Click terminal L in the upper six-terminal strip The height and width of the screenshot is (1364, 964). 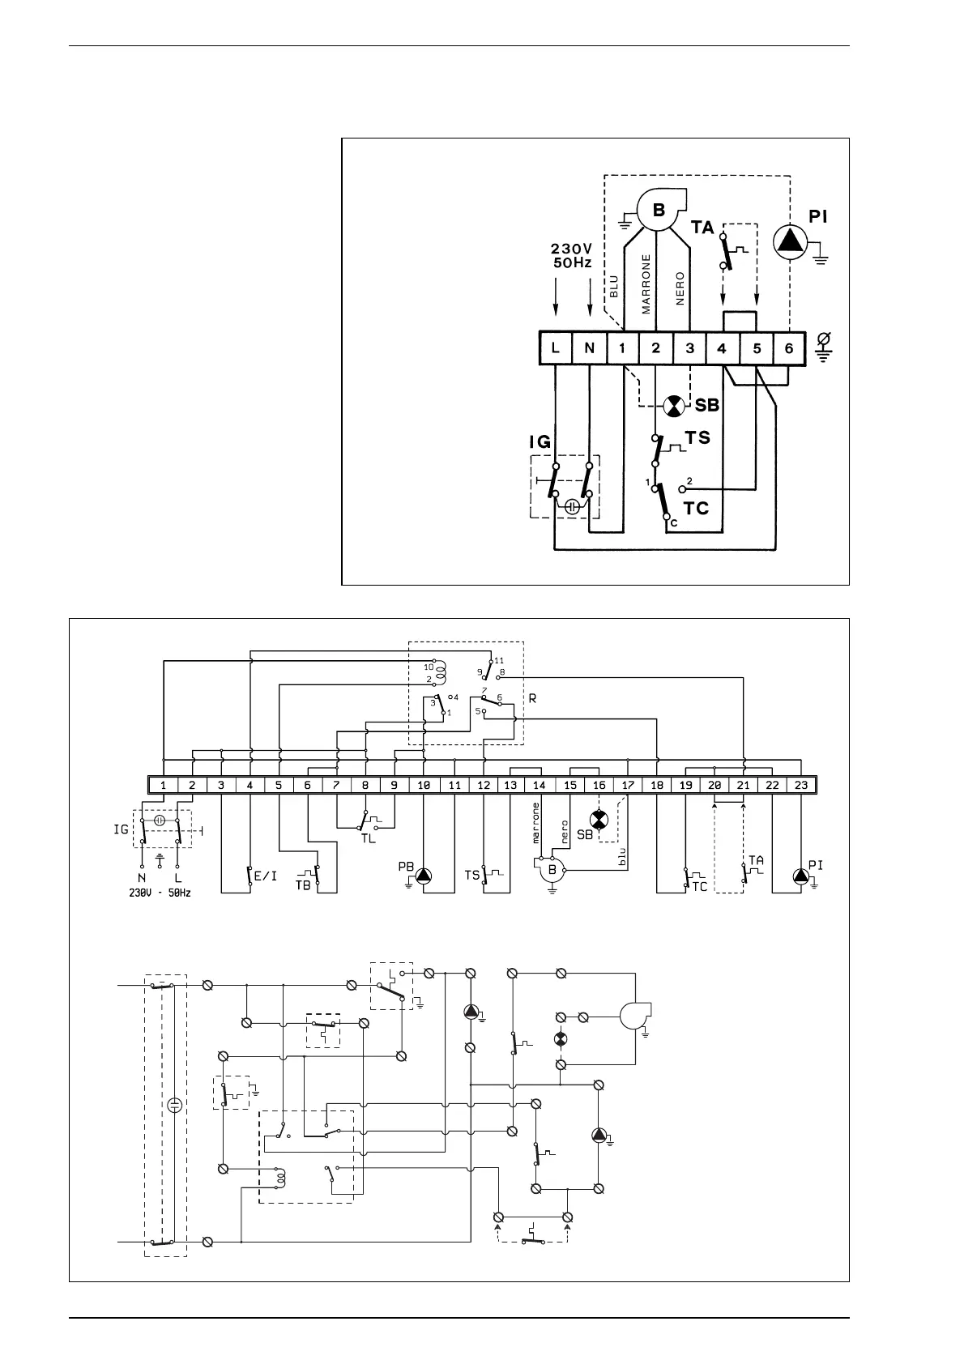click(x=556, y=348)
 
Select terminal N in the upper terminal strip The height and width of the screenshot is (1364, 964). click(x=589, y=348)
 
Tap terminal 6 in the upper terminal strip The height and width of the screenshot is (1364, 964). click(x=789, y=348)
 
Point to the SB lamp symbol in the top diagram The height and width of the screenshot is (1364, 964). click(x=673, y=406)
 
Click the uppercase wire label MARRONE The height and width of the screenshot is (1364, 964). click(x=646, y=284)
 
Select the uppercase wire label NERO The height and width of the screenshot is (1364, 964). click(x=680, y=288)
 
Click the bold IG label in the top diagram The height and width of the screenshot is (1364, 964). click(x=540, y=442)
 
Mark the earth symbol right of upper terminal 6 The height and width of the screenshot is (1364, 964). click(x=823, y=347)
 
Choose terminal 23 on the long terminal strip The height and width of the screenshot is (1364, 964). click(x=800, y=785)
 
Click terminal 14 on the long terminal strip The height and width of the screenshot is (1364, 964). click(x=540, y=785)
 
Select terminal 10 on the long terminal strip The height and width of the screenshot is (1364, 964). click(x=424, y=785)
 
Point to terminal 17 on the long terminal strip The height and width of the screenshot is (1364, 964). click(x=627, y=785)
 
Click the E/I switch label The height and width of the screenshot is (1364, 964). click(x=267, y=876)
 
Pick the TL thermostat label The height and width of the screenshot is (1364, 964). click(x=369, y=838)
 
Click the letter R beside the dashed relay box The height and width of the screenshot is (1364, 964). click(x=532, y=697)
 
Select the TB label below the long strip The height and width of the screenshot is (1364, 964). click(x=303, y=885)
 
